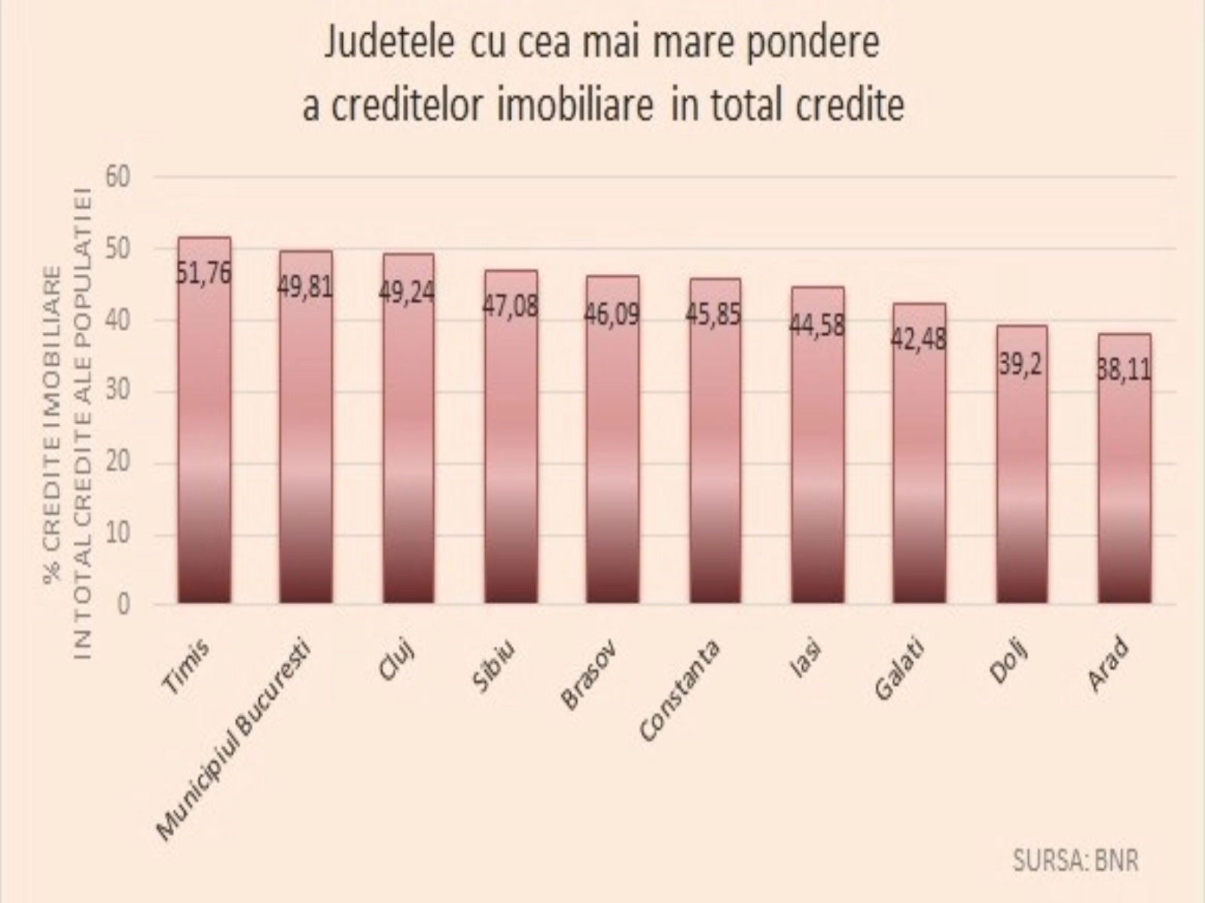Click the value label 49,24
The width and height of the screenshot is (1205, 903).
point(407,292)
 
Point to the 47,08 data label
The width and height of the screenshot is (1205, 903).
point(510,307)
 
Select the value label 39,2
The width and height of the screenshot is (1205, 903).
point(1020,365)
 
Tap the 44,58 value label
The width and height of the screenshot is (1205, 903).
point(816,326)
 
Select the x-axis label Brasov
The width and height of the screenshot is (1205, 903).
point(590,675)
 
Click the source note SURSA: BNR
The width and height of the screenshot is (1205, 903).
point(1075,860)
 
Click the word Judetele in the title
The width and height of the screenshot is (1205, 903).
point(389,44)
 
